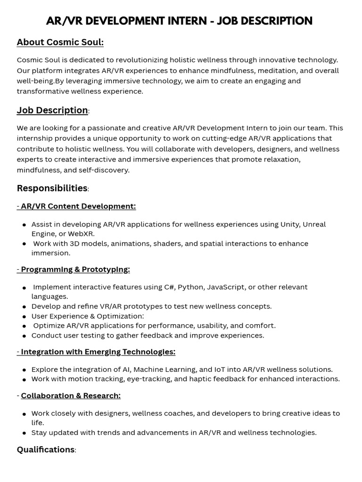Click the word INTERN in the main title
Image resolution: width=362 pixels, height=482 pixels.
pos(186,21)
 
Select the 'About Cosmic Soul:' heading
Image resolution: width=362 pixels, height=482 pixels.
pos(60,42)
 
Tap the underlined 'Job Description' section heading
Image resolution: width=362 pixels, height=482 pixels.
pos(52,111)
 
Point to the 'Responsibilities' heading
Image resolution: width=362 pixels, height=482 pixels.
pos(52,188)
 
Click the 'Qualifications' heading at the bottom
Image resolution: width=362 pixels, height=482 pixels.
pos(46,450)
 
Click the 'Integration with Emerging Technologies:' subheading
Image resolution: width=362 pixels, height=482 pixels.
pos(98,352)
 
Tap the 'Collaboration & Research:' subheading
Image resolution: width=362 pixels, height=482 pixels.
pos(71,395)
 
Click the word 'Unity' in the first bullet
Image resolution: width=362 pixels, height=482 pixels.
pos(289,225)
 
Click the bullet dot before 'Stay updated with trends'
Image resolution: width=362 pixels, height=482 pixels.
pos(24,433)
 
